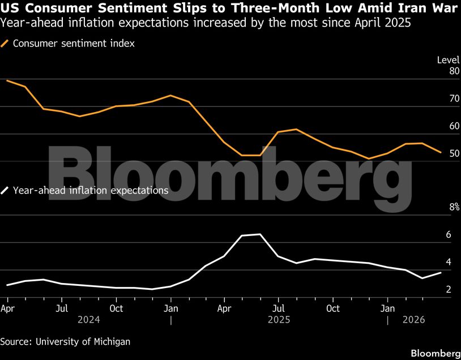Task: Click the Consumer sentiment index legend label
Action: pos(74,44)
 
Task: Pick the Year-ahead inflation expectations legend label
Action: pos(90,191)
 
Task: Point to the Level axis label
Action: pos(448,60)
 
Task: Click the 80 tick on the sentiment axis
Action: pos(454,71)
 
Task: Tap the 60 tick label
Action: pos(454,126)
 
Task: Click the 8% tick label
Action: pos(454,208)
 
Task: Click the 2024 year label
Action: pos(88,320)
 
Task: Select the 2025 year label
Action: pos(279,320)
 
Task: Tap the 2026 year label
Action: pos(413,320)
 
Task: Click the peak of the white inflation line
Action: pos(260,234)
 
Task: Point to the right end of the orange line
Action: pos(441,152)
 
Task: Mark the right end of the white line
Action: pos(441,273)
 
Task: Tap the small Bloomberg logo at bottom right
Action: pos(435,353)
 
